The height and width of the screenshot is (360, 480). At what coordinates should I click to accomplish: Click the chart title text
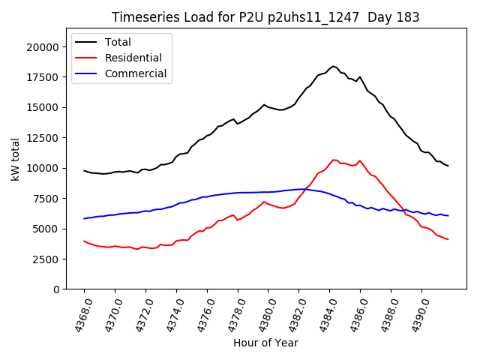265,17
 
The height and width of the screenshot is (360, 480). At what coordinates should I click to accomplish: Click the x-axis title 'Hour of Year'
265,343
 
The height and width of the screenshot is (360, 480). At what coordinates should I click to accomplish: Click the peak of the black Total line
334,66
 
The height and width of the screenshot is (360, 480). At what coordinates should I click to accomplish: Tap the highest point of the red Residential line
334,160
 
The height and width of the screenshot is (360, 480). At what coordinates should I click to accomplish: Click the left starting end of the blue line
84,218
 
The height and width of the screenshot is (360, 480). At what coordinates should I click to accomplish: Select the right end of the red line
448,239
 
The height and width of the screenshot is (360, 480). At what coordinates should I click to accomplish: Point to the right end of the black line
448,166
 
